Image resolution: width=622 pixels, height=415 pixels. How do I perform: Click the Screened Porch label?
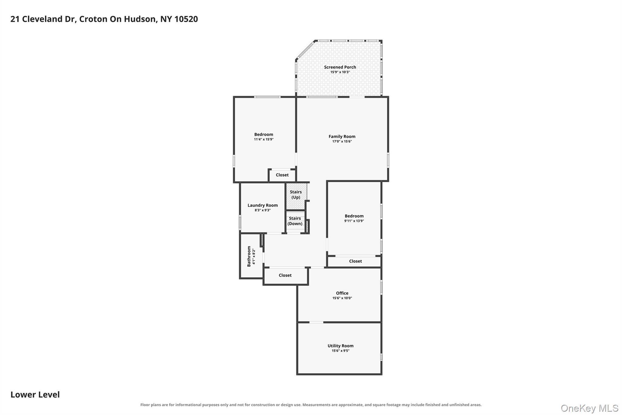340,67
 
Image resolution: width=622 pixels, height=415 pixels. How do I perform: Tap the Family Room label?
342,137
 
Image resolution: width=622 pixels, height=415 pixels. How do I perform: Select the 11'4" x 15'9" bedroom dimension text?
264,140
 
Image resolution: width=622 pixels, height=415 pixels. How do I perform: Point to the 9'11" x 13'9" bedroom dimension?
354,221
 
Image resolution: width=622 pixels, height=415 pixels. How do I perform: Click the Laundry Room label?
262,205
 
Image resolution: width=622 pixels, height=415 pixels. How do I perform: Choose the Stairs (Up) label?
296,195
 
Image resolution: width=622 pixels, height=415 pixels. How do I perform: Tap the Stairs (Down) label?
295,221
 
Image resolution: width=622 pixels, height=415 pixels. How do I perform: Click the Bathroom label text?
249,256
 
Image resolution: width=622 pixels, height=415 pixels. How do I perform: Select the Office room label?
342,293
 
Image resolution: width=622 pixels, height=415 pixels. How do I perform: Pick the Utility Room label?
340,346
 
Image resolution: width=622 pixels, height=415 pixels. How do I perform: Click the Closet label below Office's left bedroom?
355,261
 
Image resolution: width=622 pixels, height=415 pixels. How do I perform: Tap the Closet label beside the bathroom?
285,275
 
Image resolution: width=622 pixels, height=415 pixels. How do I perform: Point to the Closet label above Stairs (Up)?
282,175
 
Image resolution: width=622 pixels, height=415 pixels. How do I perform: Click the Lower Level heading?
35,395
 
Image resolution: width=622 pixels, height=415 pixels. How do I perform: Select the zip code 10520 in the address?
186,19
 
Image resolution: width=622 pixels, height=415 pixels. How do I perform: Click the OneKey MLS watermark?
590,408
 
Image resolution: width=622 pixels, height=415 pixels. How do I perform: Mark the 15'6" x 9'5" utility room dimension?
340,351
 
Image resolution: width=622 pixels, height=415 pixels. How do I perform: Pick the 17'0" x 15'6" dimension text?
342,141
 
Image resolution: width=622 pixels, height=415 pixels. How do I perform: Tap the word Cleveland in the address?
42,19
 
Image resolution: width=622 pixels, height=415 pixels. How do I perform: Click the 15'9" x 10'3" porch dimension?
340,72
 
